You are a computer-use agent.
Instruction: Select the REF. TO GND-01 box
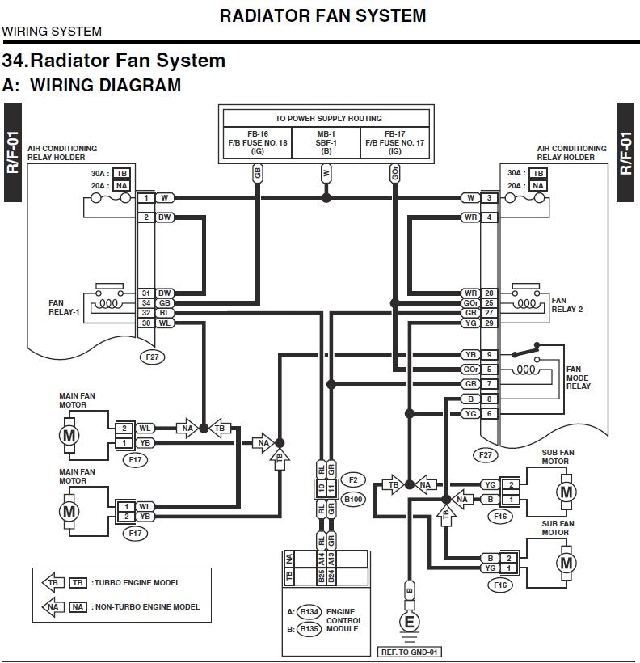tap(409, 651)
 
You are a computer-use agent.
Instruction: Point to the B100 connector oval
tap(353, 499)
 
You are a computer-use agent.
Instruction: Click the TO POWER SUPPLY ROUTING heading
tap(328, 118)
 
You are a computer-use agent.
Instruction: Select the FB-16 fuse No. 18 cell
tap(258, 141)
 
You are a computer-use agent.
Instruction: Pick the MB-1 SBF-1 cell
tap(326, 141)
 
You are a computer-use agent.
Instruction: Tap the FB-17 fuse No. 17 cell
tap(394, 141)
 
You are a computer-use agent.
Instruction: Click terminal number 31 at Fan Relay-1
tap(145, 293)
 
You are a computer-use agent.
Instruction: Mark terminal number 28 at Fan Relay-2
tap(489, 293)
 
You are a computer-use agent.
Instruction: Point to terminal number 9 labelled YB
tap(489, 355)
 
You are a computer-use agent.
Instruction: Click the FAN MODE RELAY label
tap(578, 377)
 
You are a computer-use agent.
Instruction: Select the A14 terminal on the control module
tap(322, 558)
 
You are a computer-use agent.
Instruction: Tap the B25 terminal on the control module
tap(322, 576)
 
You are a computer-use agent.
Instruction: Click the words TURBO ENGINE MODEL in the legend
tap(136, 582)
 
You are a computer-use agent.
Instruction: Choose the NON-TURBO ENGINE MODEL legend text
tap(145, 606)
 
